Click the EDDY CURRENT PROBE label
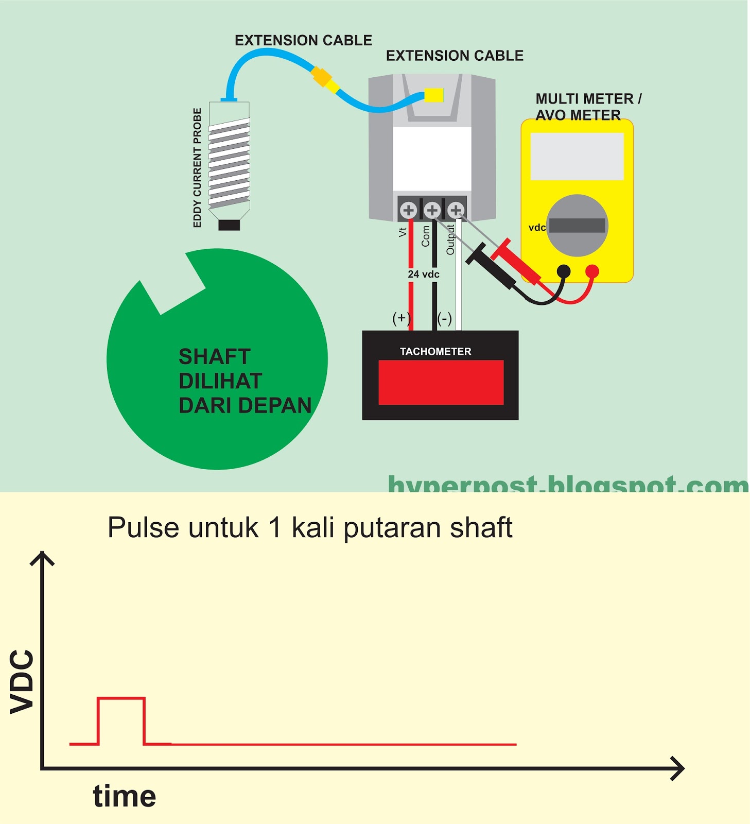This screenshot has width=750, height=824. point(197,167)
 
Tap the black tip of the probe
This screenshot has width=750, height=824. point(229,225)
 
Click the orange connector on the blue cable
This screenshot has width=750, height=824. point(321,77)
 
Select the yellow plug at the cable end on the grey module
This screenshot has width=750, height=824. point(434,95)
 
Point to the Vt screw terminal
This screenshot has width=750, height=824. point(409,210)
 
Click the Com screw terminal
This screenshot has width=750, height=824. point(432,210)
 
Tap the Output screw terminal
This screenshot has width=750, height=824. point(456,210)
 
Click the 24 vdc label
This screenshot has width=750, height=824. point(424,274)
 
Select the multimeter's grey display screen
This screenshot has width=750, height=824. point(577,157)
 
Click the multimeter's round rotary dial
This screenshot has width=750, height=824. point(577,226)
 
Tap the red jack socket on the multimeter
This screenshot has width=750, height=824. point(592,271)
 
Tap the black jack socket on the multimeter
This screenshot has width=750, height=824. point(564,271)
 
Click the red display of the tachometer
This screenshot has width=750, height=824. point(441,382)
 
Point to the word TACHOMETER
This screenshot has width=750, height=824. point(435,352)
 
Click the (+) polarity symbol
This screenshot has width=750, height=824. point(401,318)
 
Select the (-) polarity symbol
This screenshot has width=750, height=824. point(445,318)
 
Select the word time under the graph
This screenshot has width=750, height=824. point(125,796)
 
